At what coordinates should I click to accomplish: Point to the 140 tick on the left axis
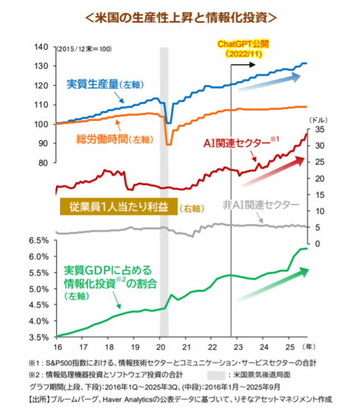42,47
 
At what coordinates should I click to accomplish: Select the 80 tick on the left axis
44,163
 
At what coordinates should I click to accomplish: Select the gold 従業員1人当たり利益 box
118,206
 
